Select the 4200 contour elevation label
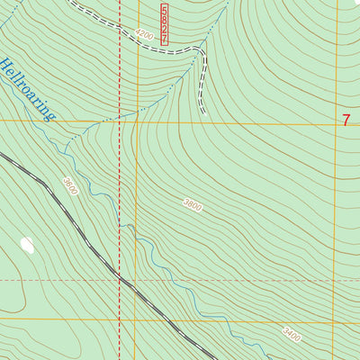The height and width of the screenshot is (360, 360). coord(144,32)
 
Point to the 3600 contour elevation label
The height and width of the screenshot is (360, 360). coord(70,186)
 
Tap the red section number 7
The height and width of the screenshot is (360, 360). coord(346,119)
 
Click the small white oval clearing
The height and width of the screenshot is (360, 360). coord(26,245)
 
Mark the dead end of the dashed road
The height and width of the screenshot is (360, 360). coord(204,112)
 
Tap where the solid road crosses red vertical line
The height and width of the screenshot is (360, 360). coord(120,279)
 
